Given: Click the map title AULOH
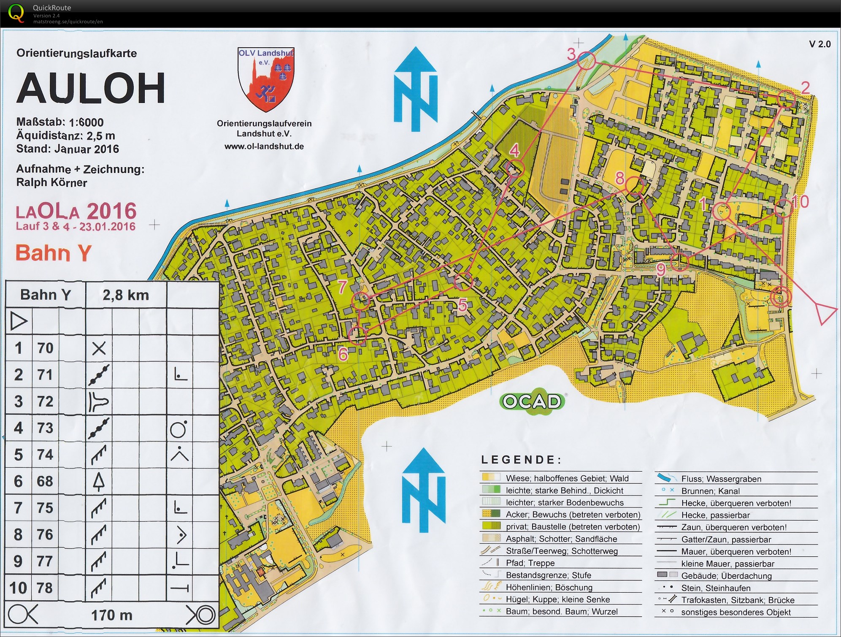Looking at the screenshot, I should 91,88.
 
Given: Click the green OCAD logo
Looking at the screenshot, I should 532,401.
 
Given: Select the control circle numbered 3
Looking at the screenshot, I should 586,61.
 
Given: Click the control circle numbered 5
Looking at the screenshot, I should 463,282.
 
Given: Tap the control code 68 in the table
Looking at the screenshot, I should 45,481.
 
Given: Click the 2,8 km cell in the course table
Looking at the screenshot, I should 126,295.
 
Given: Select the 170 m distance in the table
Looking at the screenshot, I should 112,615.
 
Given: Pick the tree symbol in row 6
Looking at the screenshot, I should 98,481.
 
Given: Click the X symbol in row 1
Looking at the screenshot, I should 99,348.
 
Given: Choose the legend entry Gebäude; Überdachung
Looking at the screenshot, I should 726,576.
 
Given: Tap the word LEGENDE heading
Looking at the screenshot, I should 521,460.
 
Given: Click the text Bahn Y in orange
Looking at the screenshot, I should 53,253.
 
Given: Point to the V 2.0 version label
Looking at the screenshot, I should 819,44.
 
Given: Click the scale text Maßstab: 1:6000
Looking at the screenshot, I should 60,122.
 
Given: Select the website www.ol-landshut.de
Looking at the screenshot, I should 264,146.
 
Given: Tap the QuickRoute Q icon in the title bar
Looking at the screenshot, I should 16,13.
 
